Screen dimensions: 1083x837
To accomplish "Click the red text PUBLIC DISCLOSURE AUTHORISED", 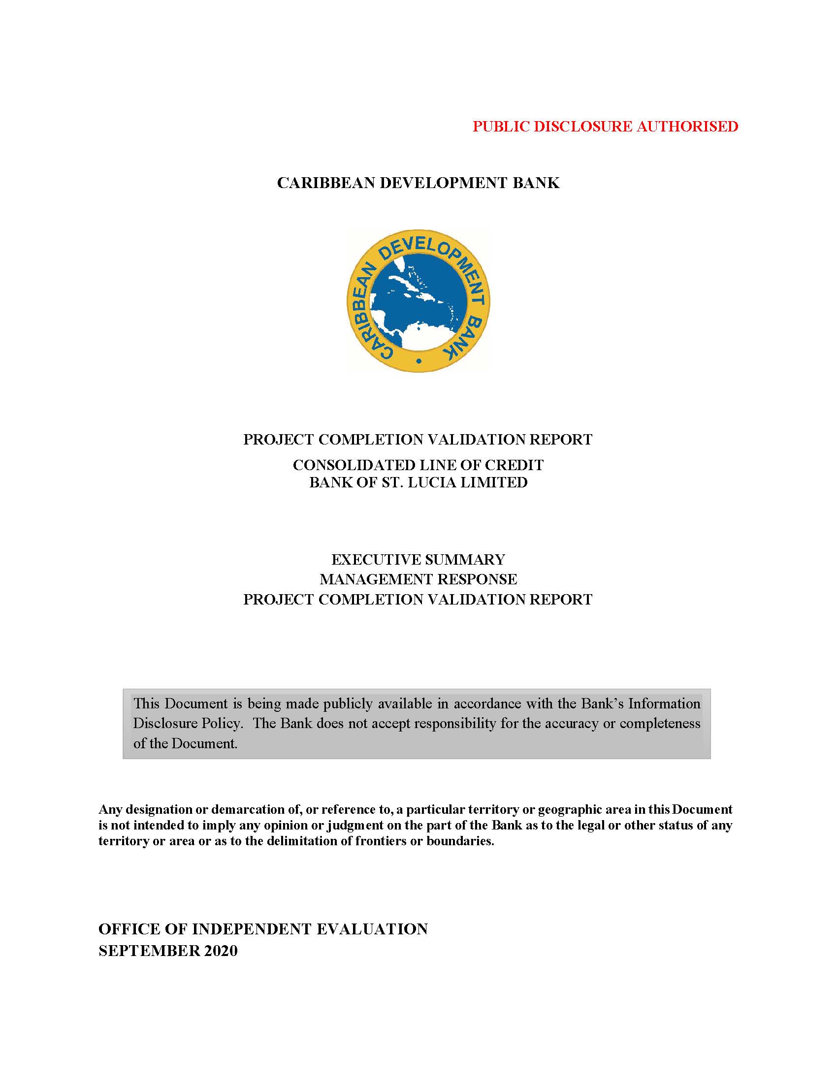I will (605, 127).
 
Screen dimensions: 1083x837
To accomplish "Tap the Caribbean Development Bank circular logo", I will (418, 301).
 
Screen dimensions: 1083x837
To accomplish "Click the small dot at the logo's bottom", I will (419, 361).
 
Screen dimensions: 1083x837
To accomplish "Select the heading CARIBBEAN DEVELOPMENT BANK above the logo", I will (418, 183).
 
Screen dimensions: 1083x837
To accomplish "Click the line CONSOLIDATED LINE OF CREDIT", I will (418, 465).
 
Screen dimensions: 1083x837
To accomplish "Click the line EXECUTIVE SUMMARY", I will (418, 560).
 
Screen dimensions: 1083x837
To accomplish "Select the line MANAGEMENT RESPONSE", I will (418, 579).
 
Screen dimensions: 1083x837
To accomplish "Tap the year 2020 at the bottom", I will (219, 951).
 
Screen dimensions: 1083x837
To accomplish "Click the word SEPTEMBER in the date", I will (147, 951).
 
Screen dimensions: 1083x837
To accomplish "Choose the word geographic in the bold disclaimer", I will (566, 809).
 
